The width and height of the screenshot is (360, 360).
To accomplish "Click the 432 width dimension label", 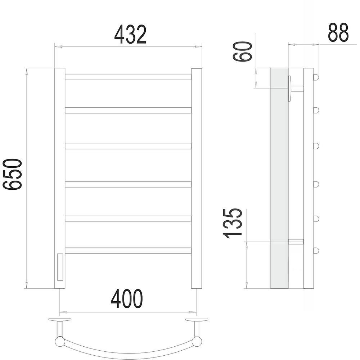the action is tap(130, 35).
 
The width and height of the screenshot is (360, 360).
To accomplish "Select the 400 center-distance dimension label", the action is tap(127, 299).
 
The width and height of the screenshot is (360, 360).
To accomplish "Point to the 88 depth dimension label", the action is tap(338, 32).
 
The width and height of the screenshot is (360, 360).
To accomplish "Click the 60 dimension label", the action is tap(242, 51).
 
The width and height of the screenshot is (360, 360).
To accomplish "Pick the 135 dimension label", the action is tap(233, 224).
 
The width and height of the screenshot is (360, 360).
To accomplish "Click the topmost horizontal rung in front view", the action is tap(128, 77).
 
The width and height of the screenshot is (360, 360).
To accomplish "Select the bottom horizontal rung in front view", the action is tap(128, 251).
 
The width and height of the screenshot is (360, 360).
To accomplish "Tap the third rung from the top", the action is tap(128, 146).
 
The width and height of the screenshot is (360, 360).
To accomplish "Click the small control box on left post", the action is tap(60, 267).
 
